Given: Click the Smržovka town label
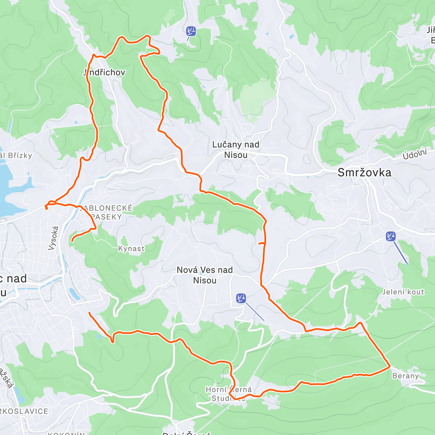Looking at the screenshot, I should [x=364, y=173].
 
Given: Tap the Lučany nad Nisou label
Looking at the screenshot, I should [x=236, y=150].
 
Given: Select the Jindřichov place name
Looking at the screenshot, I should [x=104, y=72].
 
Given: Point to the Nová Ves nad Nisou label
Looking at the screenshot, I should [x=204, y=275].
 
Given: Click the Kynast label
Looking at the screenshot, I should [x=131, y=249].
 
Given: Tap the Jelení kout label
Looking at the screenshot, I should [x=403, y=292].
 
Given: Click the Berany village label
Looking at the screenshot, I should [x=405, y=376].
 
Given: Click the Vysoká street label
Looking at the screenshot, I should [x=53, y=238].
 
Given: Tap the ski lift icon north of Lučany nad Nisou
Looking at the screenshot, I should [x=191, y=31].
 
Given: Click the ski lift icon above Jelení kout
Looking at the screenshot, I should [x=390, y=236].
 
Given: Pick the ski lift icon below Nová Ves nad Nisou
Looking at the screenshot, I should [x=241, y=298].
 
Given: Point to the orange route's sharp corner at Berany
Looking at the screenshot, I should [x=390, y=366].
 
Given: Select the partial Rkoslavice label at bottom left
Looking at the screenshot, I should [x=24, y=411].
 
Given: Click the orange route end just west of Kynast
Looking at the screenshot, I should [x=72, y=240].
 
